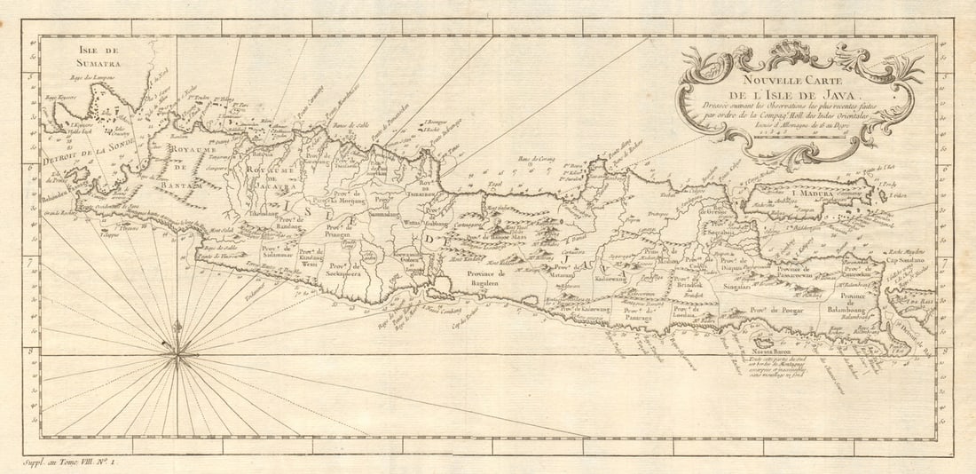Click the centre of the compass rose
coord(178,355)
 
